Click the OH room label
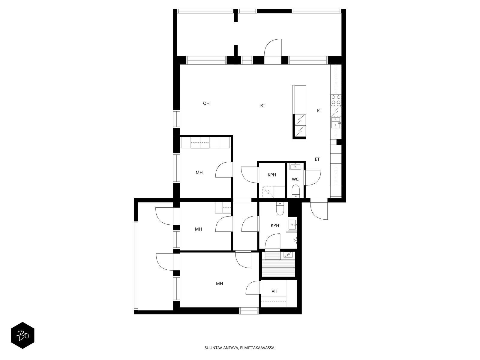pyautogui.click(x=206, y=103)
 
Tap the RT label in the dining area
pyautogui.click(x=262, y=106)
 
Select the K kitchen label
pyautogui.click(x=318, y=111)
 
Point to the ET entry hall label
pyautogui.click(x=317, y=159)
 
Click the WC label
pyautogui.click(x=295, y=179)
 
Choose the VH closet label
pyautogui.click(x=274, y=291)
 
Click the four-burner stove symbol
pyautogui.click(x=336, y=100)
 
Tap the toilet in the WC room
pyautogui.click(x=295, y=191)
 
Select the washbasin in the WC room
pyautogui.click(x=295, y=166)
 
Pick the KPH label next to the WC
pyautogui.click(x=272, y=175)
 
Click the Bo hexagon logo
pyautogui.click(x=22, y=335)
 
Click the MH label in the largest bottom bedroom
pyautogui.click(x=219, y=284)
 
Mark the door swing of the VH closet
pyautogui.click(x=253, y=288)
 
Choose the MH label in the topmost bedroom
pyautogui.click(x=199, y=173)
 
